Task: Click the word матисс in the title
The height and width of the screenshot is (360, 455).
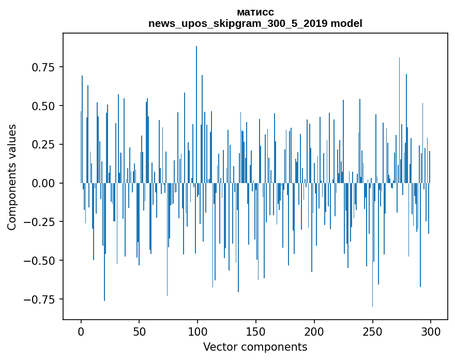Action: [x=255, y=12]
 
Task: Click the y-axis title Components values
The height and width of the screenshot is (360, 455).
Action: [x=12, y=177]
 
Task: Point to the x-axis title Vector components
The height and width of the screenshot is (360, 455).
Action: [x=255, y=347]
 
